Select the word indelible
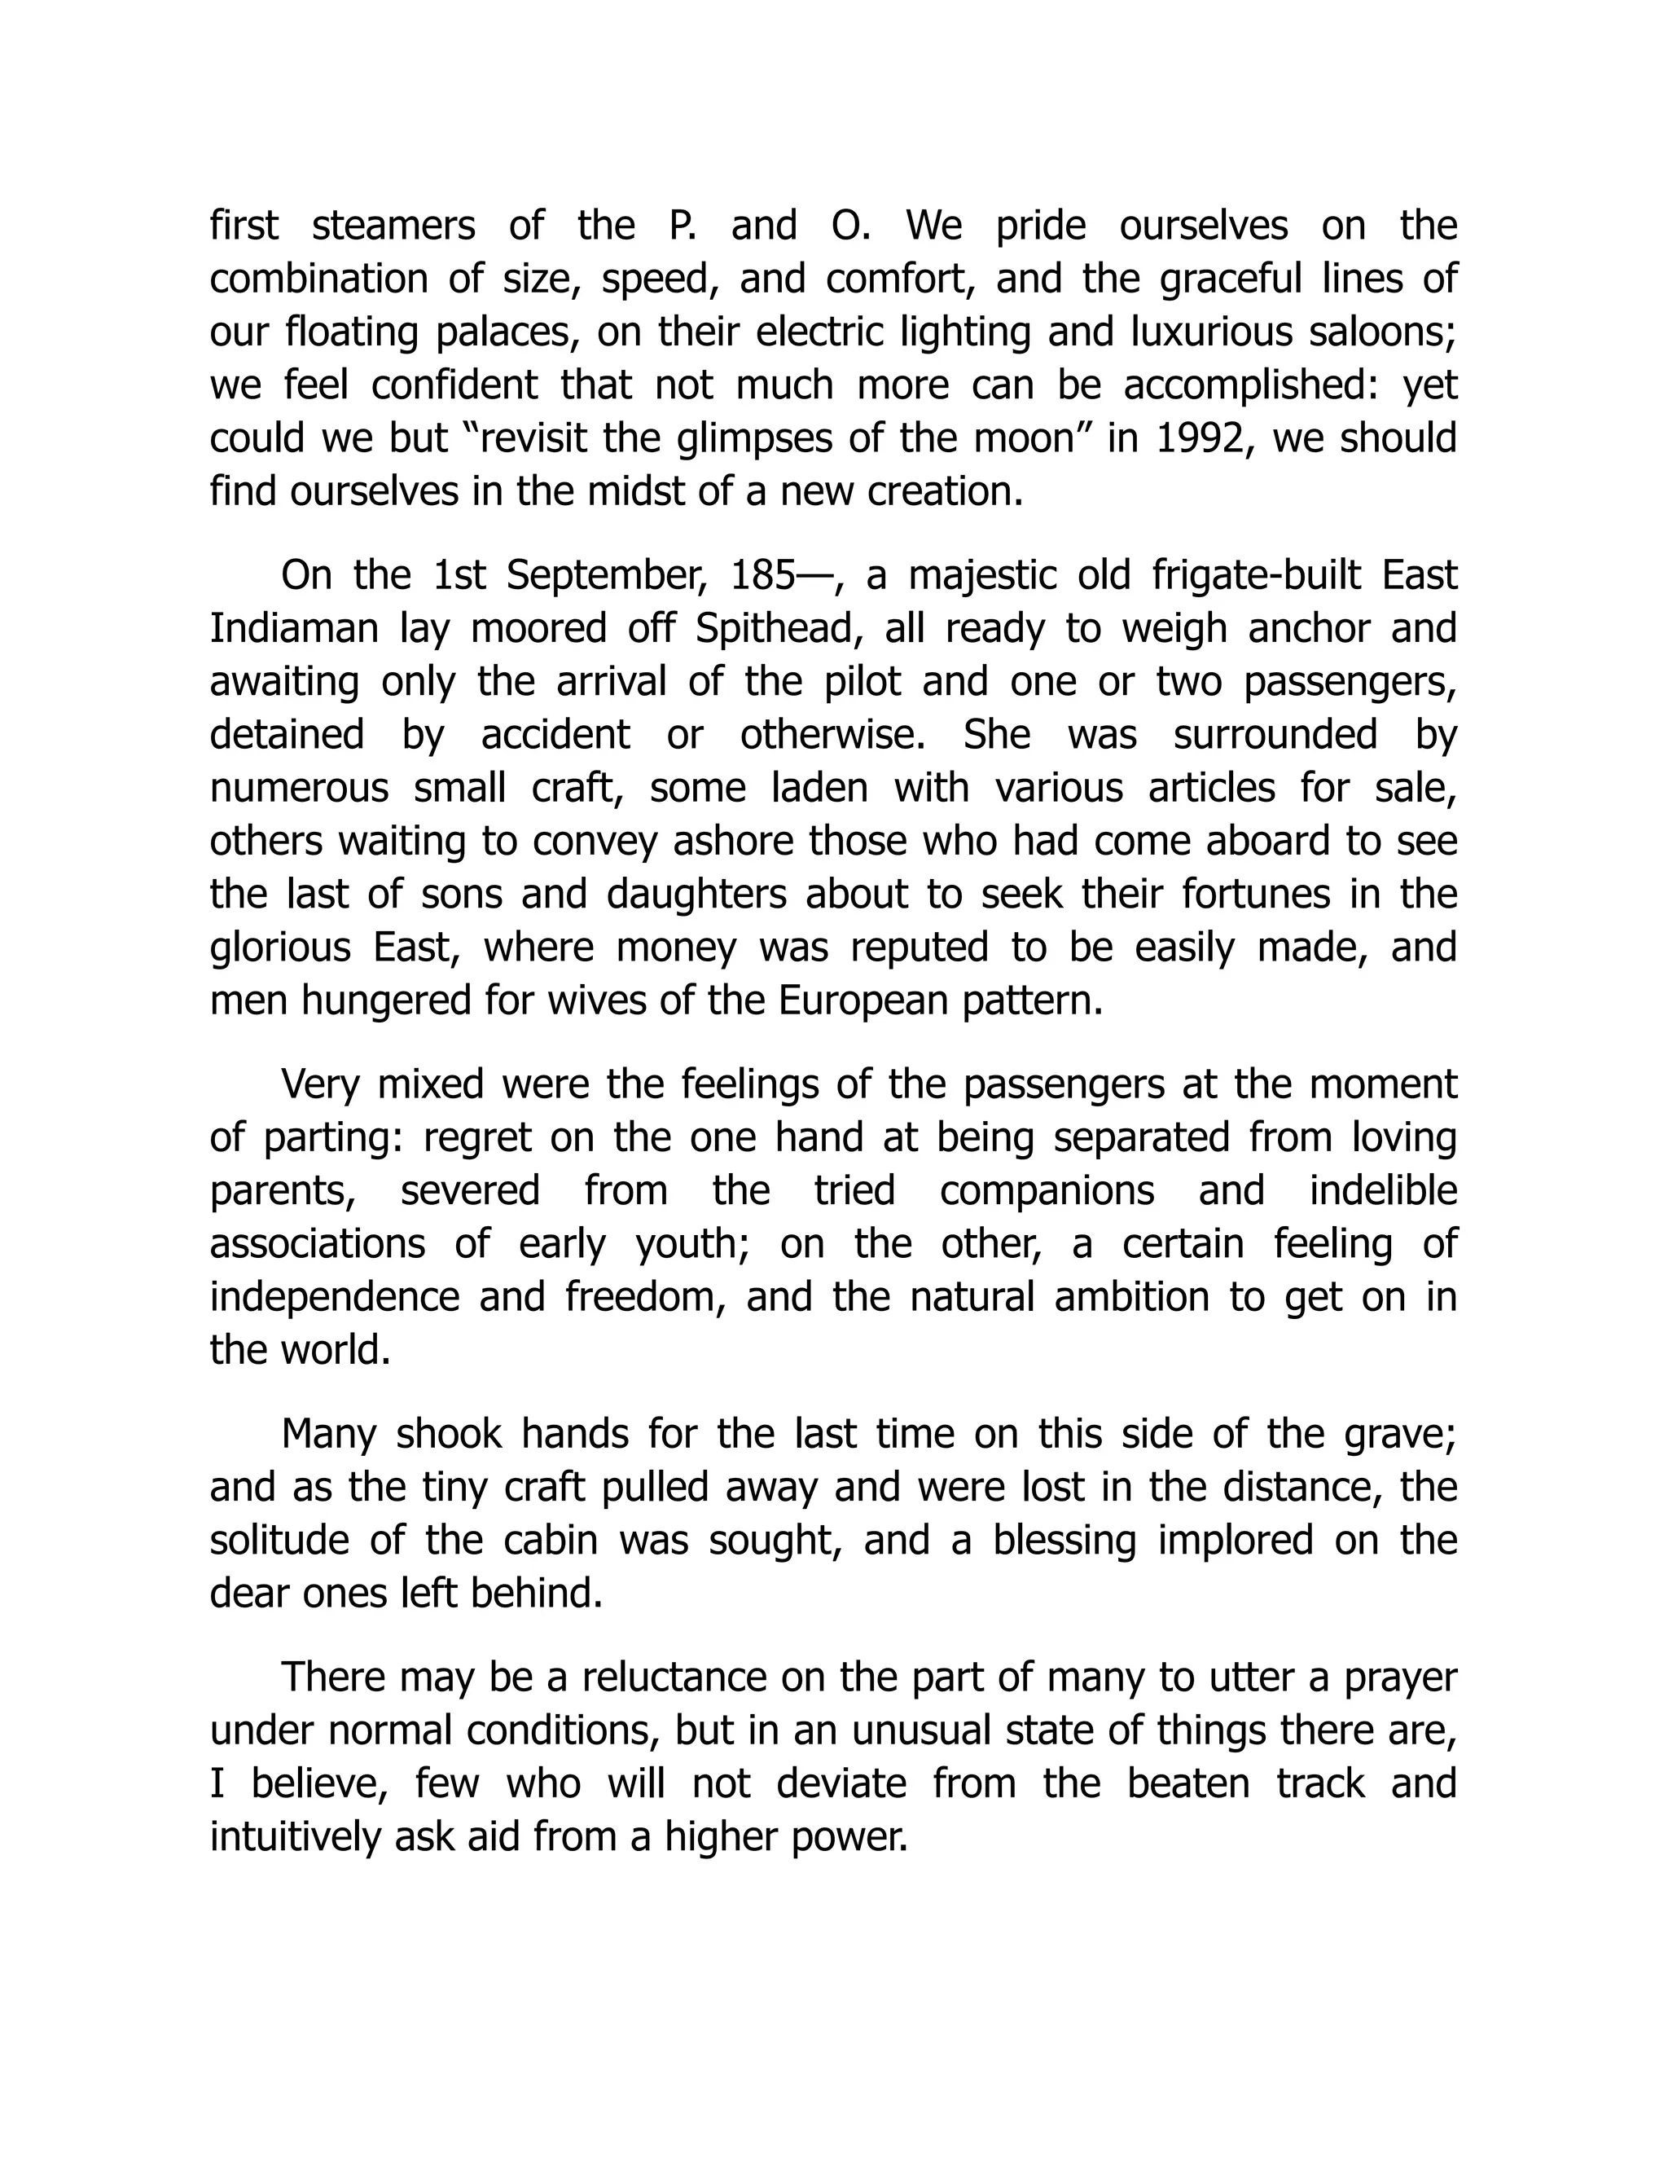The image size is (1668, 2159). pos(1384,1190)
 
